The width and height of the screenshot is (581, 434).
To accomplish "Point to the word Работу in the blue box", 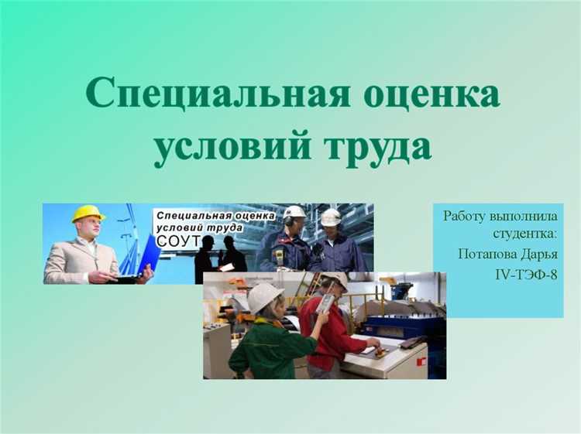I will tap(464, 215).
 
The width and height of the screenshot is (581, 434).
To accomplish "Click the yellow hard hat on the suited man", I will tap(88, 213).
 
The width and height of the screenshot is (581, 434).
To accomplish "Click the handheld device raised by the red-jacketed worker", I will tap(326, 302).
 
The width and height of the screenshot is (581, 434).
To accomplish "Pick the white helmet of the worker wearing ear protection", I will tap(294, 211).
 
